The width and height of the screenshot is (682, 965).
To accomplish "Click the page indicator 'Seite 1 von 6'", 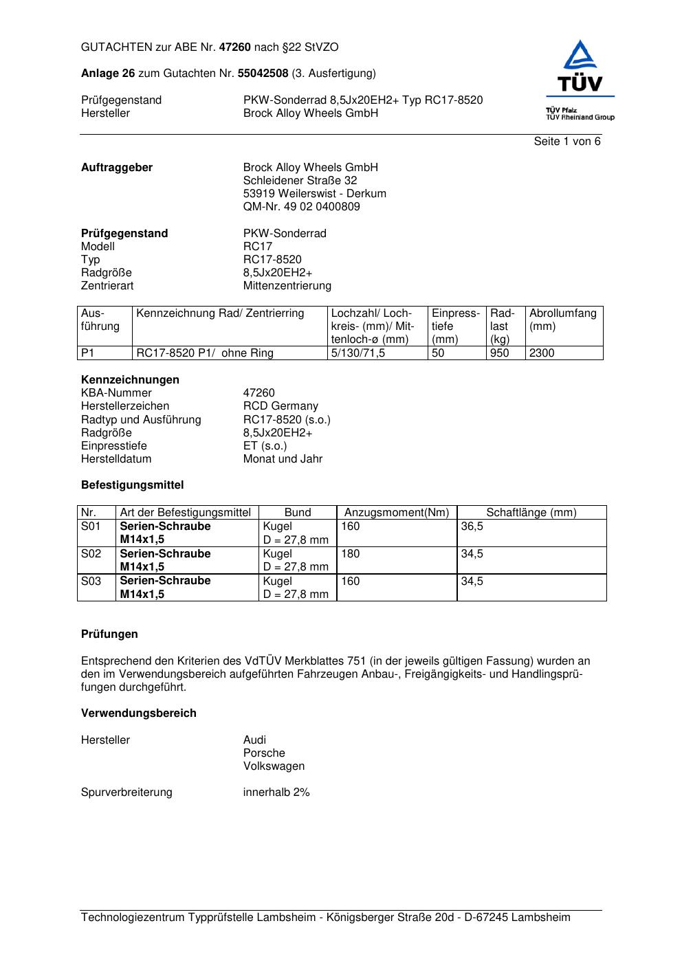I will coord(566,142).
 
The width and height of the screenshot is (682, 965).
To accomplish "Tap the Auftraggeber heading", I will coord(117,168).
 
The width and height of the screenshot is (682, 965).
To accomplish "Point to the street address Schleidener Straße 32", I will coord(300,181).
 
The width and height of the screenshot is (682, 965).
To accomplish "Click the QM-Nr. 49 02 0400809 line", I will coord(301,207).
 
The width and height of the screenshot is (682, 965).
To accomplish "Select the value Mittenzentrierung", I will coord(287,286).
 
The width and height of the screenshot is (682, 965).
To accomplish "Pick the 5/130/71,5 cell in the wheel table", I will coord(358,353).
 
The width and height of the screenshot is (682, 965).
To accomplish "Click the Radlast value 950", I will coord(499,353).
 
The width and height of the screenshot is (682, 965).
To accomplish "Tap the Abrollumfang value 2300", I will coord(542,353).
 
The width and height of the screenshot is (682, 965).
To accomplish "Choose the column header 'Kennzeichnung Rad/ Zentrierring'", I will coord(220,314).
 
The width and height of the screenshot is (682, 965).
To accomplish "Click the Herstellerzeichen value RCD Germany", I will coord(280,406).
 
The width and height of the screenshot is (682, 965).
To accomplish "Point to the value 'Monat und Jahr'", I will coord(283,459).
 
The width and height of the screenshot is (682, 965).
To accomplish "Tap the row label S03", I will coord(91,581).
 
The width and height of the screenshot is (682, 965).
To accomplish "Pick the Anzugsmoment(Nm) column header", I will coord(396,513).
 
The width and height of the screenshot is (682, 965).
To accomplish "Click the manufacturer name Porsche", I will coord(264,753).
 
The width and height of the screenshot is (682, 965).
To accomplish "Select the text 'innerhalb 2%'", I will coord(276,792).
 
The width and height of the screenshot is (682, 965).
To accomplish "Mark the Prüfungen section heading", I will coord(109,634).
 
